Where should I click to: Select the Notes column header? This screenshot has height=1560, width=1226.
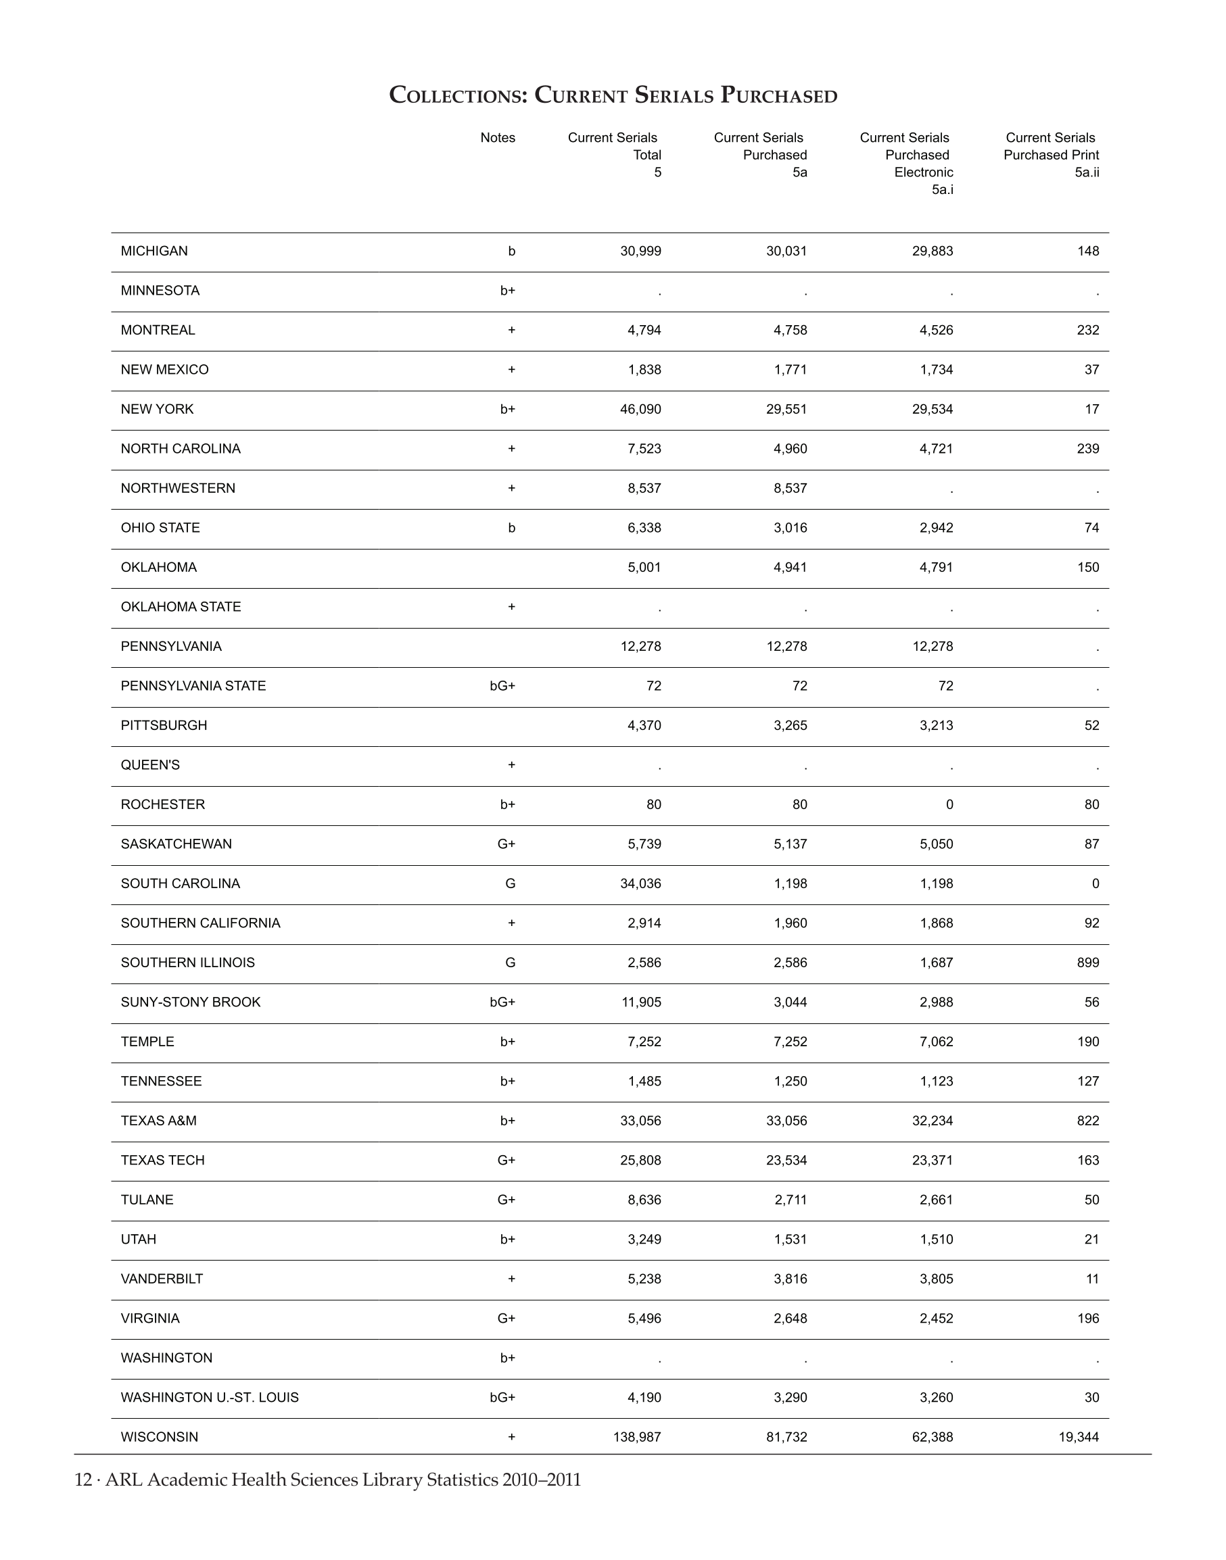pos(498,138)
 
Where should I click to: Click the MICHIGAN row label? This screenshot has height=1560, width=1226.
pos(154,251)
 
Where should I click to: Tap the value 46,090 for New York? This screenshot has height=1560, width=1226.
pos(640,409)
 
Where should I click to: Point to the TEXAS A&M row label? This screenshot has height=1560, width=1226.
pos(159,1121)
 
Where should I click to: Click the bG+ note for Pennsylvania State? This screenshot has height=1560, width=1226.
pos(502,686)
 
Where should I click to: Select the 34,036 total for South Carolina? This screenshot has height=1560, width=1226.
pos(640,883)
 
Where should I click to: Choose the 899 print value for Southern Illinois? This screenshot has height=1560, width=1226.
pos(1087,962)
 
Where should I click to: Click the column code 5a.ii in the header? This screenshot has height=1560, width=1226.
pos(1087,172)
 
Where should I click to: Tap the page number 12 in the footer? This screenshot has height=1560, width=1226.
pos(83,1480)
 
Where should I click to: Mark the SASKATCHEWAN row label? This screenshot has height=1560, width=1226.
pos(176,844)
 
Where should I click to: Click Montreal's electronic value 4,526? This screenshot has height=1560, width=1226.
pos(936,330)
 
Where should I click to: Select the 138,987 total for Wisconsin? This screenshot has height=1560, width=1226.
pos(637,1436)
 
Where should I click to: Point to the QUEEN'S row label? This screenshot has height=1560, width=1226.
pos(150,765)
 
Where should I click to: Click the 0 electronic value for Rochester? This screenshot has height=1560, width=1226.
pos(949,804)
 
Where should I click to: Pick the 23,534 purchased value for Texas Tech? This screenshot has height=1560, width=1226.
pos(786,1161)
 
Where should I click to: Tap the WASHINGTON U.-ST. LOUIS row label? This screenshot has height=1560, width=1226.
pos(210,1397)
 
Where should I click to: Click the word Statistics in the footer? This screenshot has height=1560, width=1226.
pos(463,1480)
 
